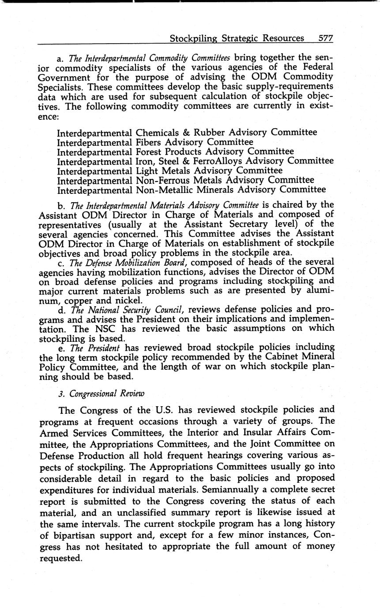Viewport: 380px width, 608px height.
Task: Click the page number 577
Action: click(x=325, y=38)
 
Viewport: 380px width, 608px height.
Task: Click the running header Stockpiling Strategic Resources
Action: click(x=237, y=38)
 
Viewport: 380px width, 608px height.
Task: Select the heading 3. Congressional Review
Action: click(x=101, y=393)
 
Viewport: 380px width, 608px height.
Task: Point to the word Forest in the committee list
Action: click(x=150, y=152)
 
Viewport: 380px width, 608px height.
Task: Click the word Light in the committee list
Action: click(x=147, y=171)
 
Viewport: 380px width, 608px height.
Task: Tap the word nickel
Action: click(x=129, y=301)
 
